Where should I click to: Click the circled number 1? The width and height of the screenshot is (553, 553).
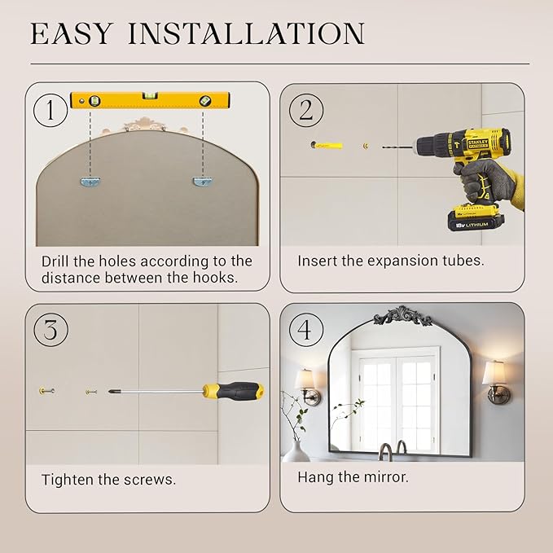[x=50, y=110]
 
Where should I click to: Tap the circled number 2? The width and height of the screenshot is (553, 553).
[x=305, y=110]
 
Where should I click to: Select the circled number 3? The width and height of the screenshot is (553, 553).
[x=50, y=330]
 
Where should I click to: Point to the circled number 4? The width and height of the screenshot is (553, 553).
[x=305, y=330]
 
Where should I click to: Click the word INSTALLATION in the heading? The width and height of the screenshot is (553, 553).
[x=246, y=33]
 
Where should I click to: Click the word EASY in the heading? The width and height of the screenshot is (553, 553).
[x=72, y=33]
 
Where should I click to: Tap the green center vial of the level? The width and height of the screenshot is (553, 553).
[x=150, y=95]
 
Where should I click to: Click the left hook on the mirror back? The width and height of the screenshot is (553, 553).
[x=91, y=182]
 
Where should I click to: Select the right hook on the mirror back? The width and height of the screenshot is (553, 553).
[x=203, y=182]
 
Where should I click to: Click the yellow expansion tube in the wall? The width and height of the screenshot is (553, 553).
[x=327, y=145]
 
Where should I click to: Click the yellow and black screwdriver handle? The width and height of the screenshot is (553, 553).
[x=234, y=391]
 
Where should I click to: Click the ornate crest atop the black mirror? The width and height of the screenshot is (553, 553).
[x=402, y=316]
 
